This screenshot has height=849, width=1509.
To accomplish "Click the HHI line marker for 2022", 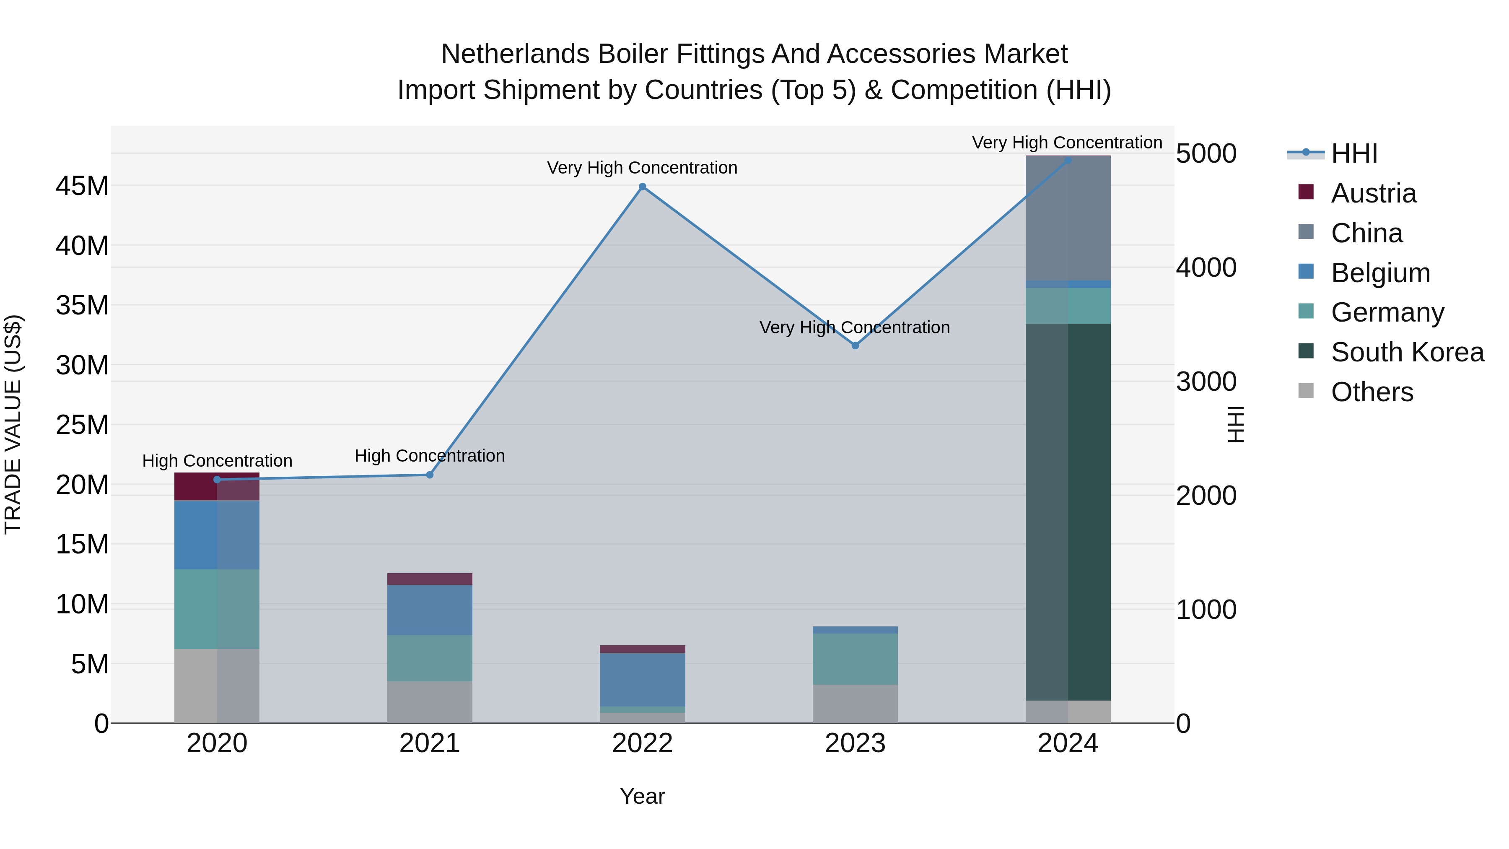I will (x=642, y=187).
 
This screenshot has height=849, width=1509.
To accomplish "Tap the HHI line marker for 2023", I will (x=855, y=346).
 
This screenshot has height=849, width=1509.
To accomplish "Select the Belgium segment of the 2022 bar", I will (x=642, y=679).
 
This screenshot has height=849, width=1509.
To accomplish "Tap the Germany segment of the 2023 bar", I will (x=855, y=659).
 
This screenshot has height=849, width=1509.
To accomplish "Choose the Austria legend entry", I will (x=1373, y=193).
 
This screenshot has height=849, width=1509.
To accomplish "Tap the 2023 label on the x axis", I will (x=855, y=743).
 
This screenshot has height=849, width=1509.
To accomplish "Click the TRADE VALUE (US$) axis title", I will (x=13, y=424).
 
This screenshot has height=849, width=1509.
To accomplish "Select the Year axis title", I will (x=642, y=796).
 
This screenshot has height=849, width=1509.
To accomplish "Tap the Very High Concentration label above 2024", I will (x=1067, y=143).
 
